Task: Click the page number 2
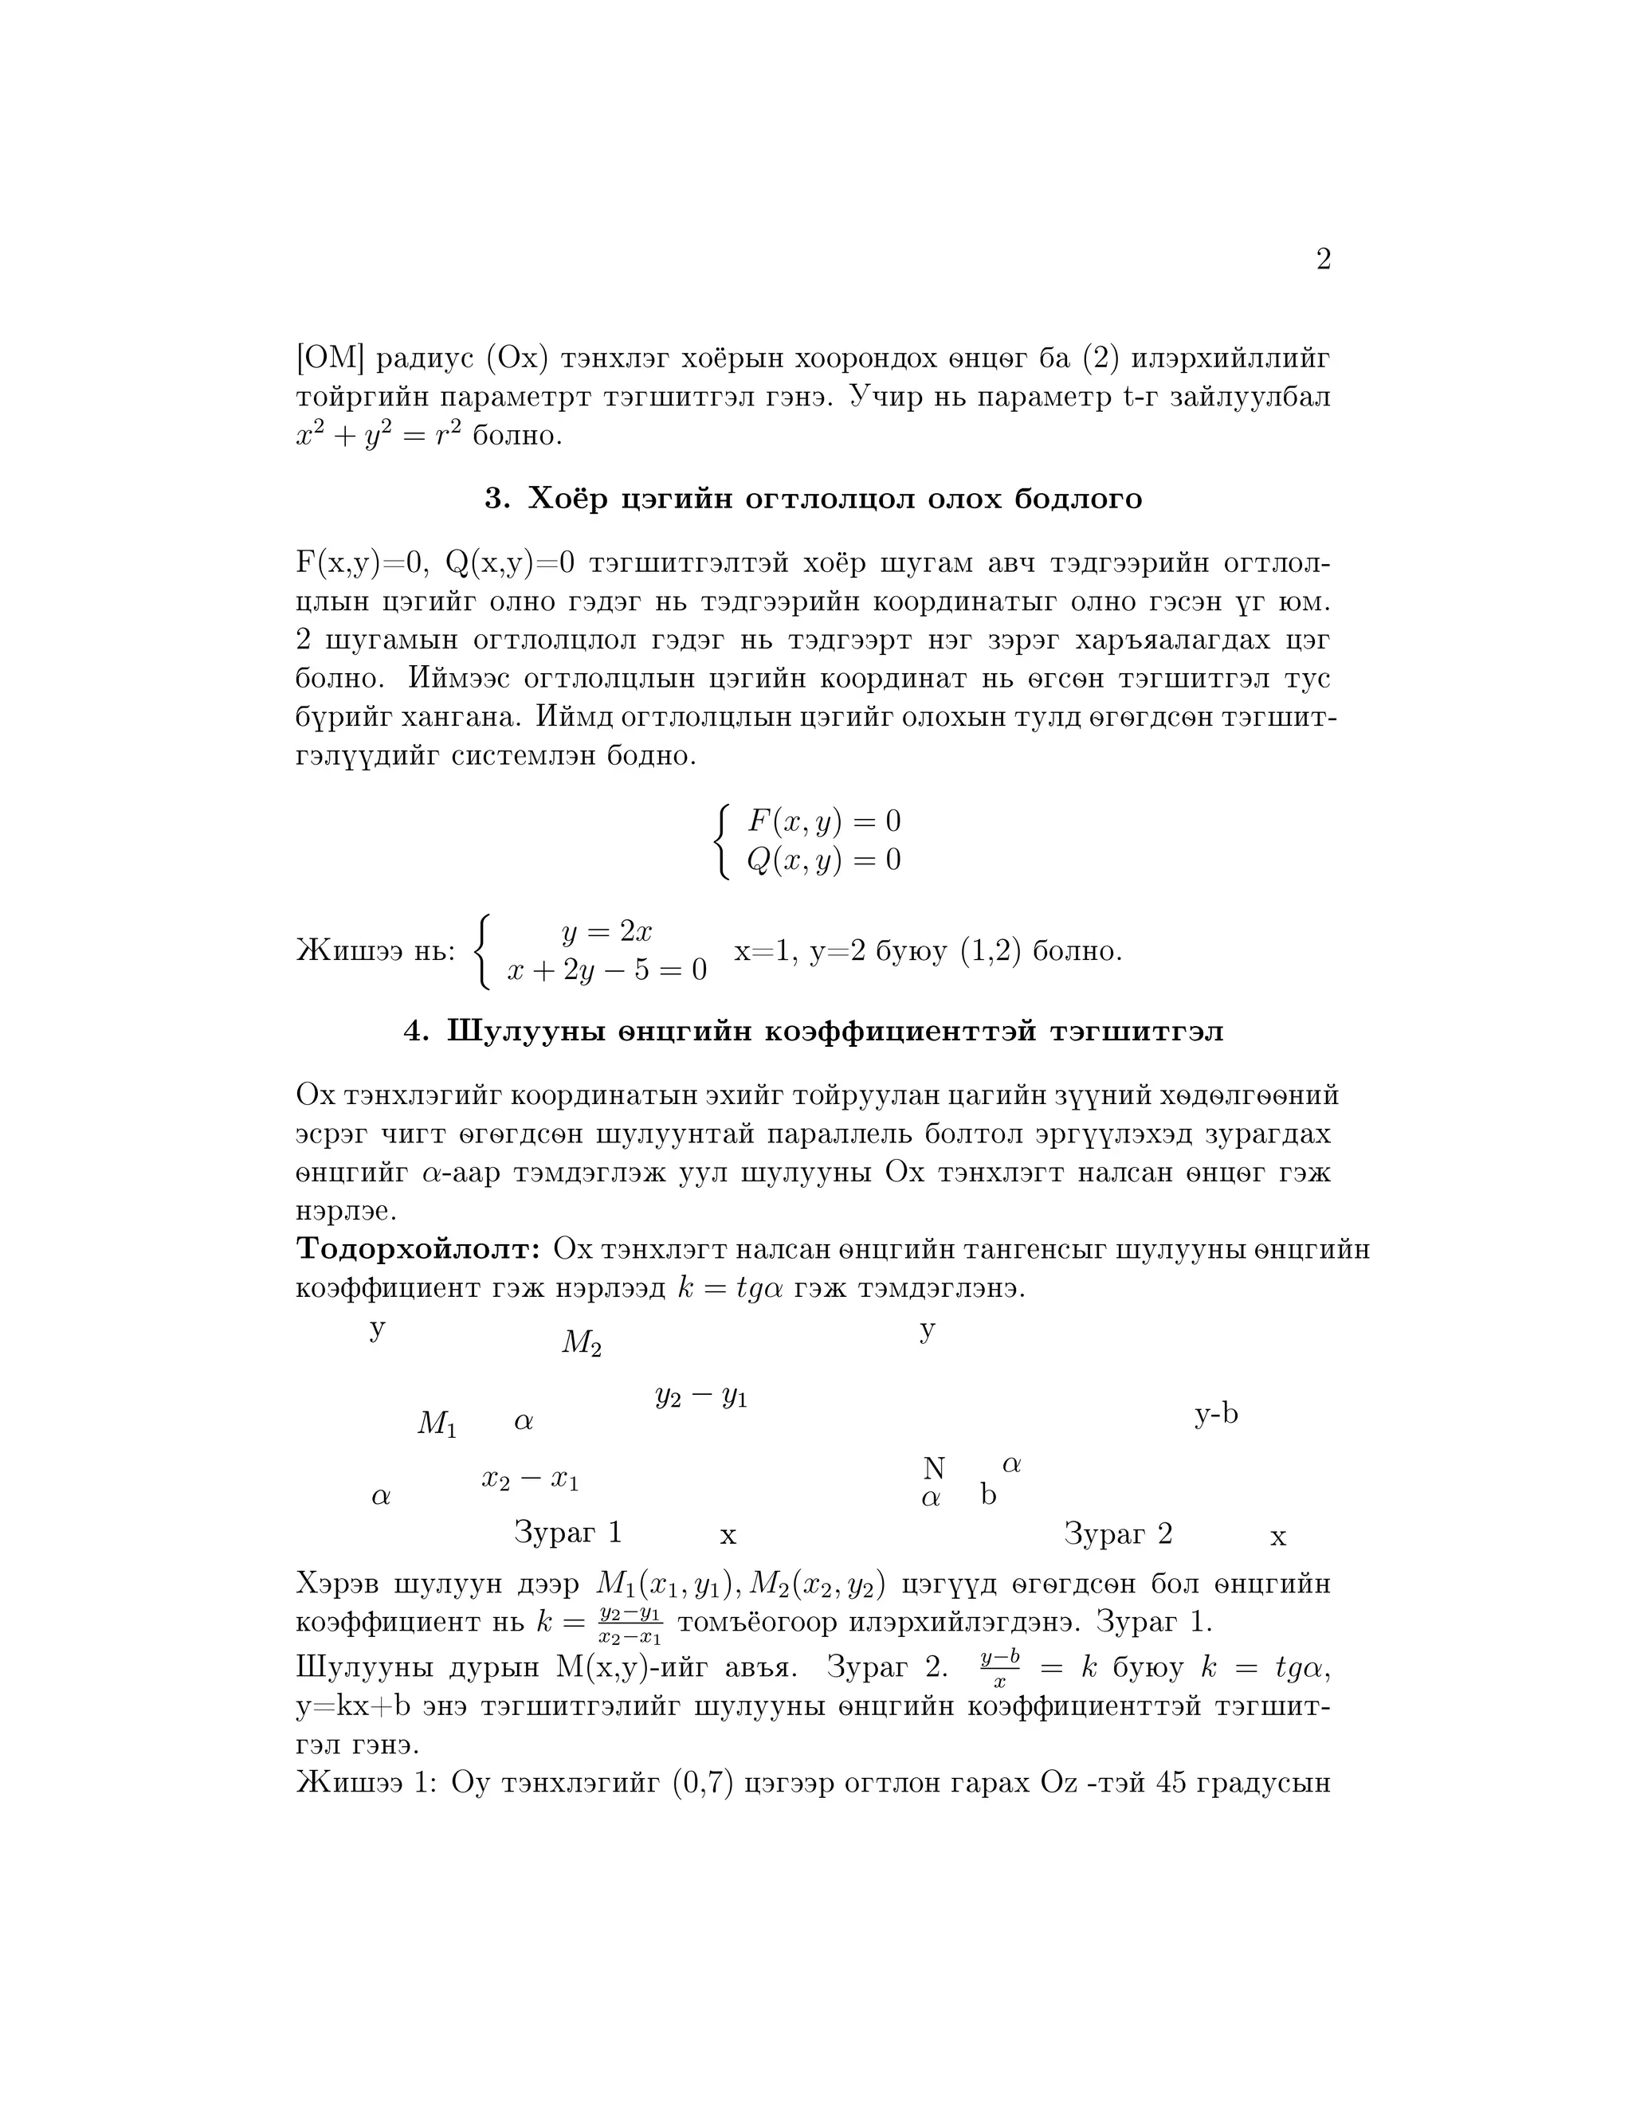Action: tap(1323, 259)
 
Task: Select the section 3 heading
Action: tap(813, 499)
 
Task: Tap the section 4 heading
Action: tap(813, 1032)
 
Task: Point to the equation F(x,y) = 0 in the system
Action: tap(824, 821)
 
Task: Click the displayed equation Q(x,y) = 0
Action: tap(824, 860)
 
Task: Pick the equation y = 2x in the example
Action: tap(606, 932)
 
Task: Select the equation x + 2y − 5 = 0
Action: tap(606, 969)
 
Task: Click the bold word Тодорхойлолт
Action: tap(418, 1249)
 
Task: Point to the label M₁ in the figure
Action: tap(437, 1423)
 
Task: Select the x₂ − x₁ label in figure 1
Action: tap(530, 1478)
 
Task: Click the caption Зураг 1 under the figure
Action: tap(567, 1532)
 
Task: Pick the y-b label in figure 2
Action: tap(1215, 1414)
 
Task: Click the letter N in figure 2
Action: tap(933, 1468)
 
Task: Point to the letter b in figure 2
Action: tap(988, 1495)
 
